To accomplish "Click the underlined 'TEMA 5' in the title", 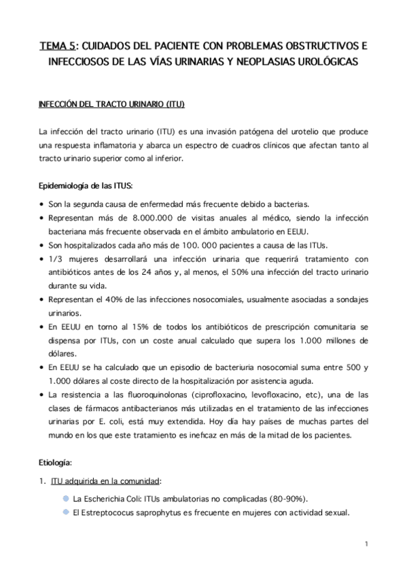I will pos(58,46).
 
